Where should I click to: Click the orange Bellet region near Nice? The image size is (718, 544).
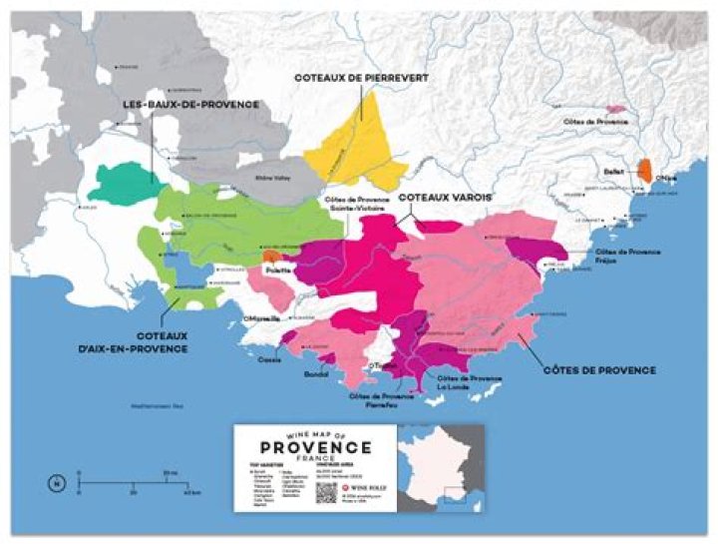point(645,169)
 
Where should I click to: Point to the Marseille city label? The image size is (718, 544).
point(258,318)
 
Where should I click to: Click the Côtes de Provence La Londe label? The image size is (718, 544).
point(468,382)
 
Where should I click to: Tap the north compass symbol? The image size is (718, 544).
point(52,486)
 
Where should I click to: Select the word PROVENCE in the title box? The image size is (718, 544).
point(315,447)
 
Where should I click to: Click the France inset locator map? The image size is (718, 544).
point(440,467)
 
